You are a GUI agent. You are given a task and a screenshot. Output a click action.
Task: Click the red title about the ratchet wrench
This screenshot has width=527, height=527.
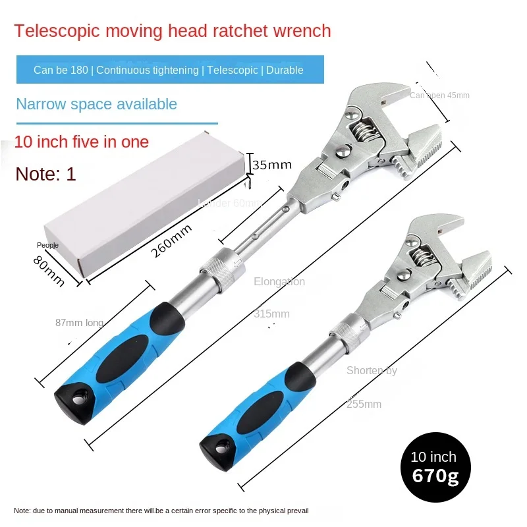173,31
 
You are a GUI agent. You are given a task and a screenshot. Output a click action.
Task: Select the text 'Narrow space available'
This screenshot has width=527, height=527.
96,104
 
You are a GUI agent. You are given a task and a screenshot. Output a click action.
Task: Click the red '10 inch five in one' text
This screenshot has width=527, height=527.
82,142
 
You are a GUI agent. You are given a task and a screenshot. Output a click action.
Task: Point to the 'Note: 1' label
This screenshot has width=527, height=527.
46,174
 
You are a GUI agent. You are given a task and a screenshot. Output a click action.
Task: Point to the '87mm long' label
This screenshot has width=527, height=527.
79,323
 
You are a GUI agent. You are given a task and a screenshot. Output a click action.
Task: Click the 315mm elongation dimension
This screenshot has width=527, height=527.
271,314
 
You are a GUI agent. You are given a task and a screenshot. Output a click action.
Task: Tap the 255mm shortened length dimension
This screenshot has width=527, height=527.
364,404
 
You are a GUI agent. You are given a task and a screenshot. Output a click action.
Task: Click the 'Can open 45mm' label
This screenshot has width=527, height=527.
439,96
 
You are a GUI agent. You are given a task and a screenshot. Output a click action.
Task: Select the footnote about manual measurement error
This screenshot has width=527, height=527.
161,511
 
